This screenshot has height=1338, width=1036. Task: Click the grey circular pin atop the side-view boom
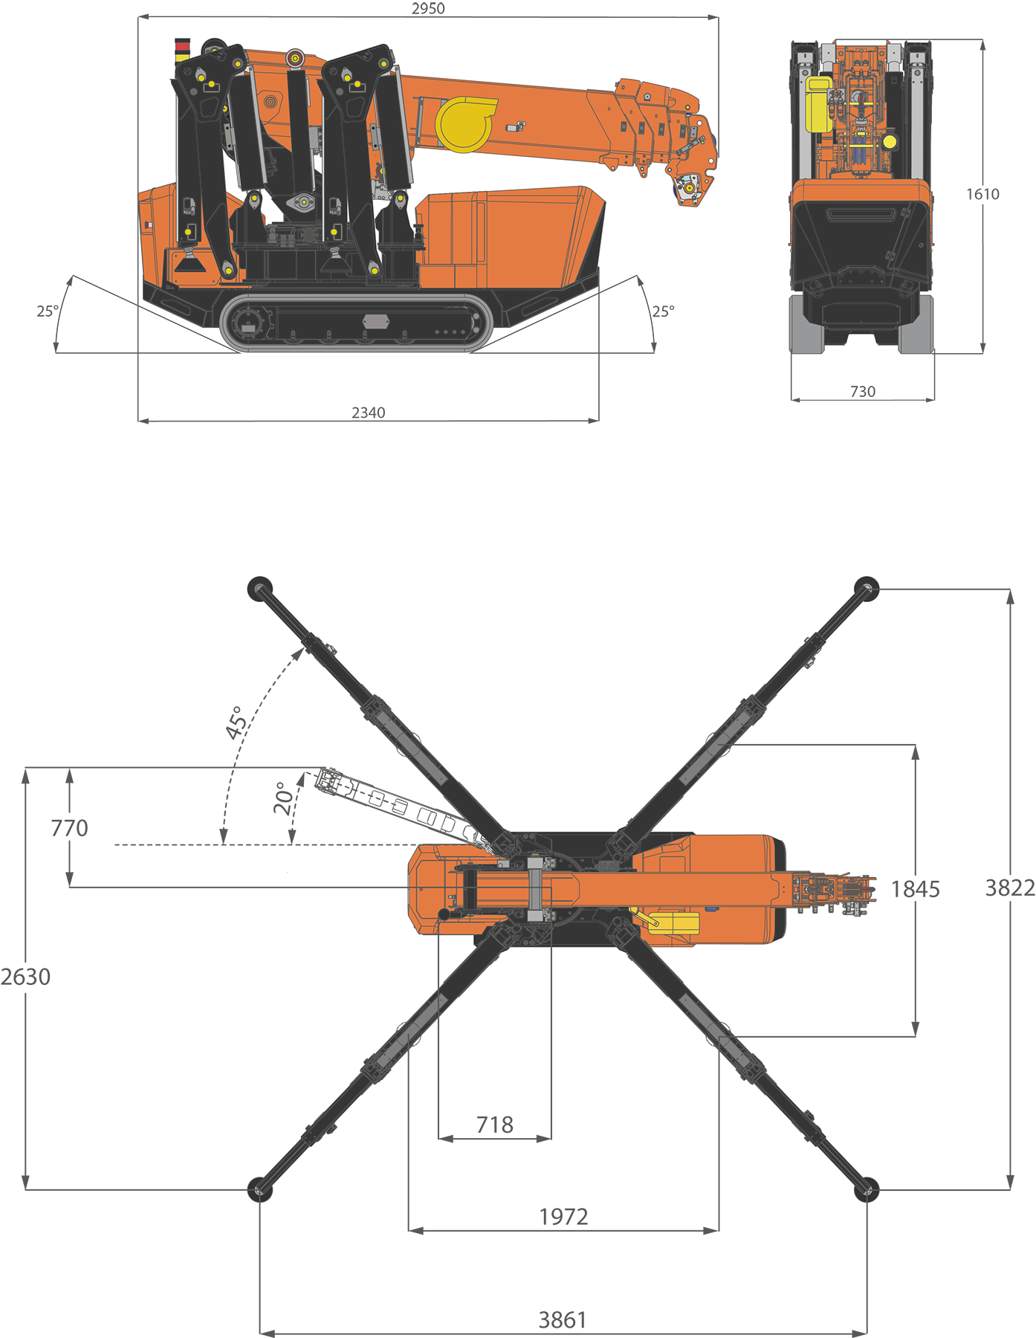[x=295, y=58]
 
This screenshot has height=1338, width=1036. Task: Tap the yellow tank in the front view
[x=818, y=103]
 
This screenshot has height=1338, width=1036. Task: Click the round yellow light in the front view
[x=889, y=141]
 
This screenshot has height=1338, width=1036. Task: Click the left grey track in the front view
[x=807, y=327]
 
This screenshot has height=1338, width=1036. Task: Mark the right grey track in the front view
[x=916, y=327]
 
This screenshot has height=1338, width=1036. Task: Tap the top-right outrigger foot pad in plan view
[x=867, y=588]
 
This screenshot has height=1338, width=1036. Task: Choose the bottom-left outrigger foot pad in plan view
[x=259, y=1189]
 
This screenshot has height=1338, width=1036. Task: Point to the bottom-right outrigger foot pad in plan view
[x=867, y=1189]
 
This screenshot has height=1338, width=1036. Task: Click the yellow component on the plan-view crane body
[x=673, y=922]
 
